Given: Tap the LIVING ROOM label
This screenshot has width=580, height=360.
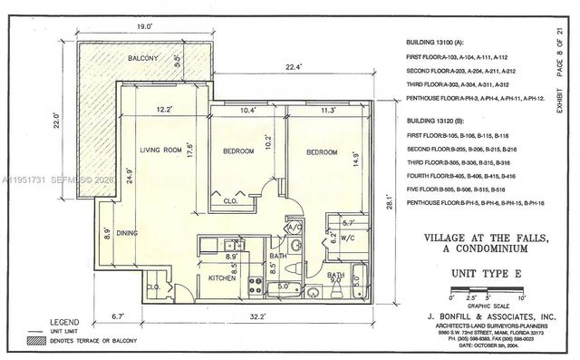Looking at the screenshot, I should (x=160, y=150).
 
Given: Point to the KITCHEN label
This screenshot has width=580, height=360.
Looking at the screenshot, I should (x=222, y=278).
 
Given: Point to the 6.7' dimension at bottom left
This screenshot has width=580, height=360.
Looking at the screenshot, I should (x=118, y=316).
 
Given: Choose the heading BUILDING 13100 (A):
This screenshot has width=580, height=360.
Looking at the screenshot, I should (x=439, y=42).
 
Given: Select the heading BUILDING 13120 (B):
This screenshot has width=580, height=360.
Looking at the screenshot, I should (x=439, y=120).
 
